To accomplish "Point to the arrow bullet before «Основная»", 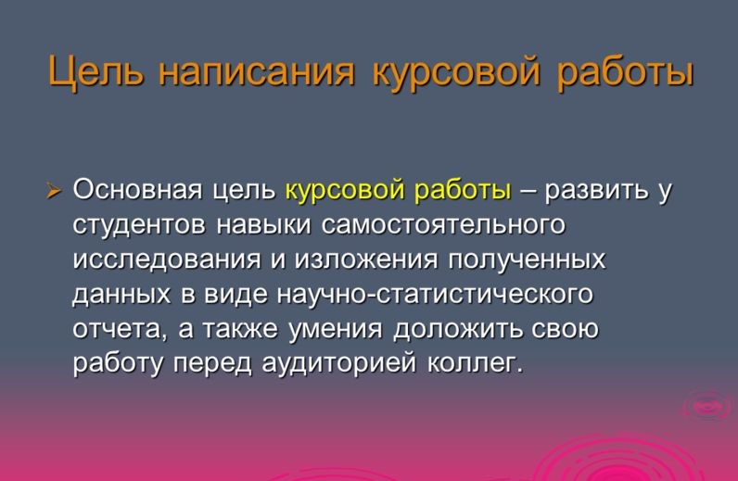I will (x=53, y=192).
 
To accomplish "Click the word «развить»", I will (x=597, y=191).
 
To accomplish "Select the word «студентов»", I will (x=140, y=226).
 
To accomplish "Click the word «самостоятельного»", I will (x=443, y=226).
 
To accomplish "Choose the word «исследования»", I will (x=168, y=260).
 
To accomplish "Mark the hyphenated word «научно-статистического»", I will (x=435, y=295).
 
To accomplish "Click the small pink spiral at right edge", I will (x=708, y=406).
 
